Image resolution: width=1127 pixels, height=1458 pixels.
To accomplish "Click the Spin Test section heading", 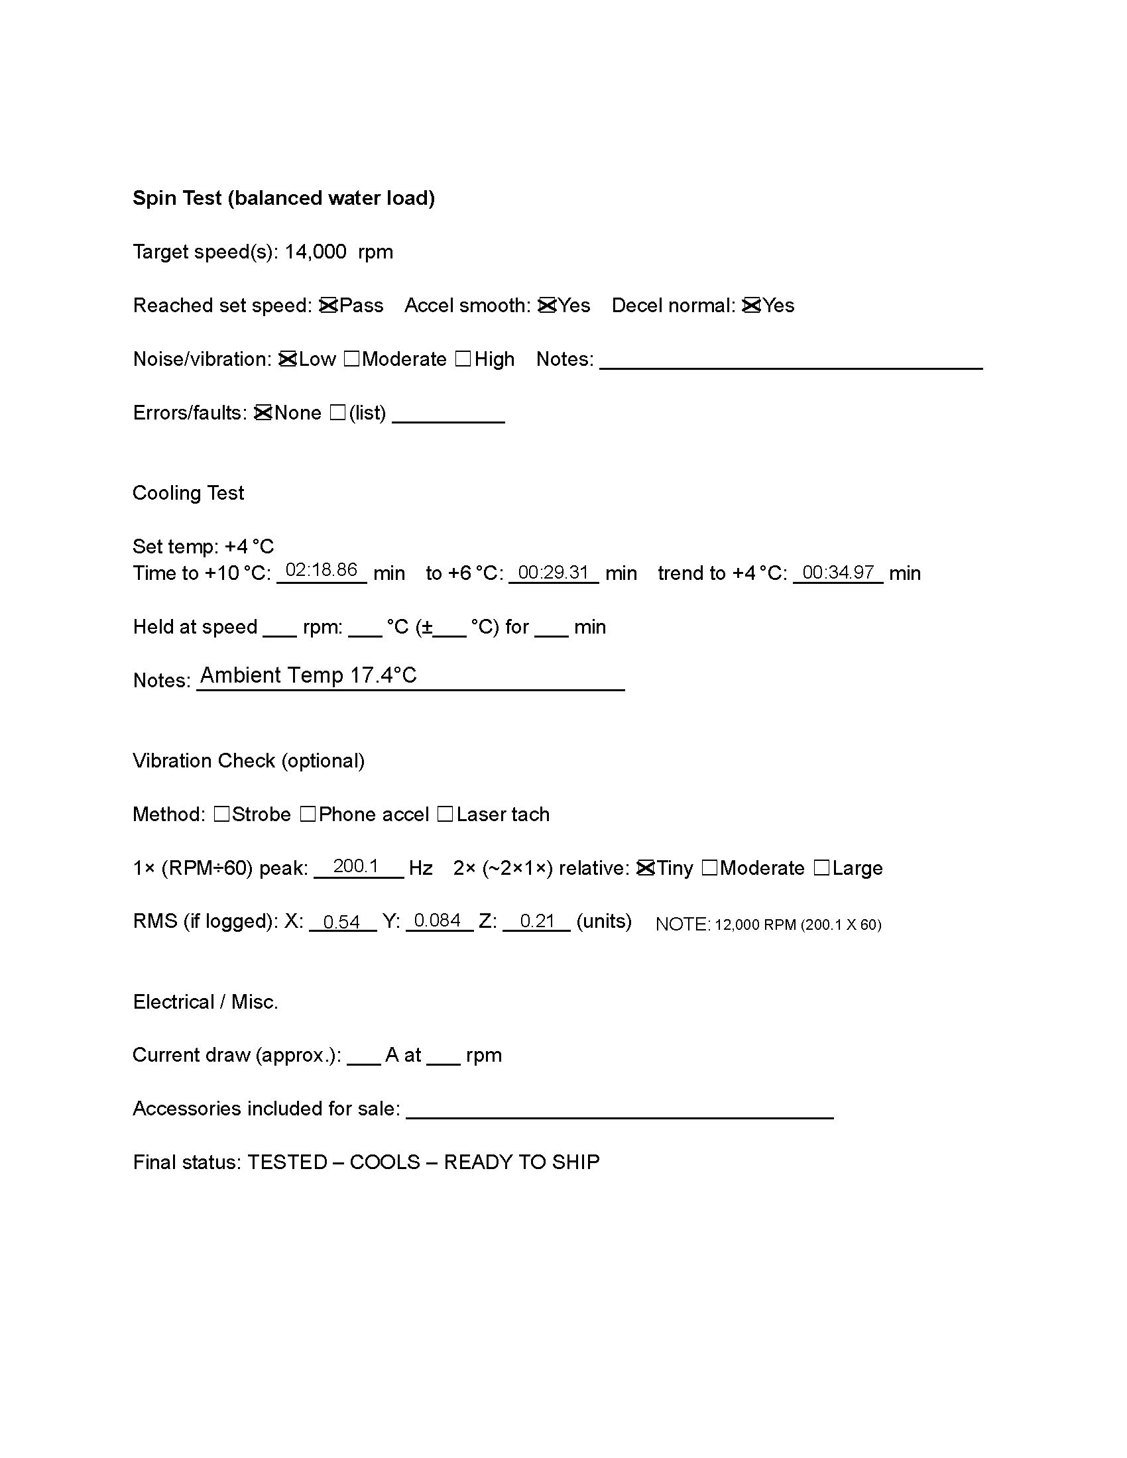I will click(284, 198).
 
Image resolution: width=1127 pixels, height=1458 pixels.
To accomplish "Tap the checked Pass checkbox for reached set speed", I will click(328, 306).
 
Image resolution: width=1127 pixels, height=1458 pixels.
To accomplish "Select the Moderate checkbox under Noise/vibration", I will click(352, 359).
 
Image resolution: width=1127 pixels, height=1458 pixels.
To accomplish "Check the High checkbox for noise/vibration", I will click(463, 359).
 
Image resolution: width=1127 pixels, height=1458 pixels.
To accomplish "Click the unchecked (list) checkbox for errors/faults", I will click(338, 414).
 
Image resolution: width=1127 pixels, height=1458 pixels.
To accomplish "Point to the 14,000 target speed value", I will click(315, 252).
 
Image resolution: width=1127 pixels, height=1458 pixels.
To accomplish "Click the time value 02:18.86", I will click(321, 570).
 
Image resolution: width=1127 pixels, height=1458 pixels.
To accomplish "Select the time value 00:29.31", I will click(554, 573).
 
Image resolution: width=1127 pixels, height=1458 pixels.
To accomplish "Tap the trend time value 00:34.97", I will click(838, 573).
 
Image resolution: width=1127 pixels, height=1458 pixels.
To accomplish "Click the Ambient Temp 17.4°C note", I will click(308, 675).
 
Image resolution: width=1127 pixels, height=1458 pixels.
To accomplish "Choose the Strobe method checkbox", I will click(221, 814).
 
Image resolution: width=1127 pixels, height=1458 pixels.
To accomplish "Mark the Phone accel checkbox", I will click(308, 814).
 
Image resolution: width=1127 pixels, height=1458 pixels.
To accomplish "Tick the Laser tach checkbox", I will click(445, 814).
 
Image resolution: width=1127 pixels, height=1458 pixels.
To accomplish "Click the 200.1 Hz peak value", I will click(356, 866).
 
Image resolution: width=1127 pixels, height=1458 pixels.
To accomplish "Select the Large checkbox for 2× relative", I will click(822, 868).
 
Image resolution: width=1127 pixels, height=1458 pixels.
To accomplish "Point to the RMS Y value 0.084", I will click(438, 921).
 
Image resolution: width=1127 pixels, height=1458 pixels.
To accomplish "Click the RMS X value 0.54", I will click(341, 922).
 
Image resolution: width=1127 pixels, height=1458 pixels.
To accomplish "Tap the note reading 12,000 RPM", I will click(768, 925).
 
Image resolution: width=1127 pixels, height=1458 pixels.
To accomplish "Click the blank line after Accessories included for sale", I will click(620, 1109).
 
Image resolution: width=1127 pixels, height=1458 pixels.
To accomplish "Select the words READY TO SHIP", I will click(522, 1162).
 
